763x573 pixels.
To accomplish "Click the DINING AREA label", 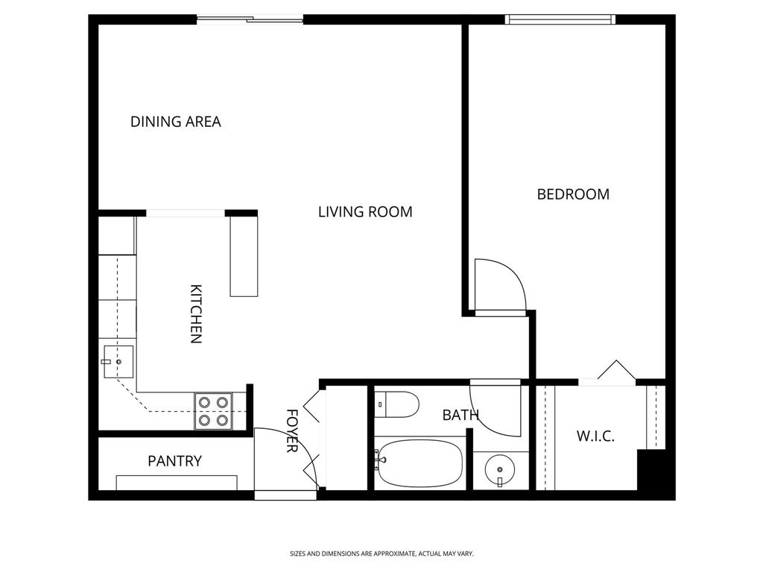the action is tap(176, 122).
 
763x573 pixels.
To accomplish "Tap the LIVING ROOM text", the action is tap(365, 211).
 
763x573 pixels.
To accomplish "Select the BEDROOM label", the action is tap(573, 194).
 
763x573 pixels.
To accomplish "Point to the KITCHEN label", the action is tap(196, 314).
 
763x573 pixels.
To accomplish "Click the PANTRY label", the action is tap(174, 460).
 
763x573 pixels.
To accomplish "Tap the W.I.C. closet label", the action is tap(595, 436).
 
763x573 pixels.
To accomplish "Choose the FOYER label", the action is tap(291, 430).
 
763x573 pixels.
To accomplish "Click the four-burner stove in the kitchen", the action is tap(214, 411).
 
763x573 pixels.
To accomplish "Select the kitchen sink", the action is tap(118, 362).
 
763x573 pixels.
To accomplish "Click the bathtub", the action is tap(419, 463).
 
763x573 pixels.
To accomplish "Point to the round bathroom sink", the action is tap(500, 470).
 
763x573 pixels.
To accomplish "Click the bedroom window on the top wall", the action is tap(560, 19).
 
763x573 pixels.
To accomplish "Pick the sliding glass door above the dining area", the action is tap(250, 20).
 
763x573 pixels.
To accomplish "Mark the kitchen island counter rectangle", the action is tap(244, 257).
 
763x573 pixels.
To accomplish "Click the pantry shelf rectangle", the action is tap(177, 483).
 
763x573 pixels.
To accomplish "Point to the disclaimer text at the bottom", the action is tap(381, 554).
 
